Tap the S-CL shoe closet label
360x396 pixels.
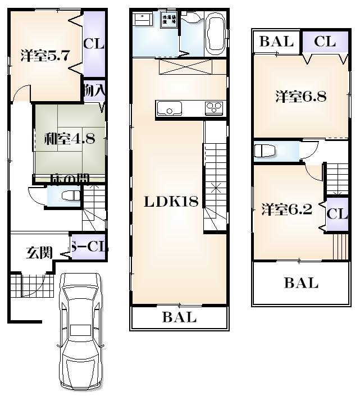[88, 247]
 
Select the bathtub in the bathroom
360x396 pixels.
[215, 34]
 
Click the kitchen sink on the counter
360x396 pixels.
[168, 107]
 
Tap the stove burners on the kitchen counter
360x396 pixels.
[214, 107]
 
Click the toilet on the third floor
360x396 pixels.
[264, 151]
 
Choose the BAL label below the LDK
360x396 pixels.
[180, 317]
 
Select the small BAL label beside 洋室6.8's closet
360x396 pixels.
[277, 42]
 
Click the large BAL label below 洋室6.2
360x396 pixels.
[301, 283]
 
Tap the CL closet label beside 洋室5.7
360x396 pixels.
[94, 43]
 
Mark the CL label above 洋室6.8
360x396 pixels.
[325, 42]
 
